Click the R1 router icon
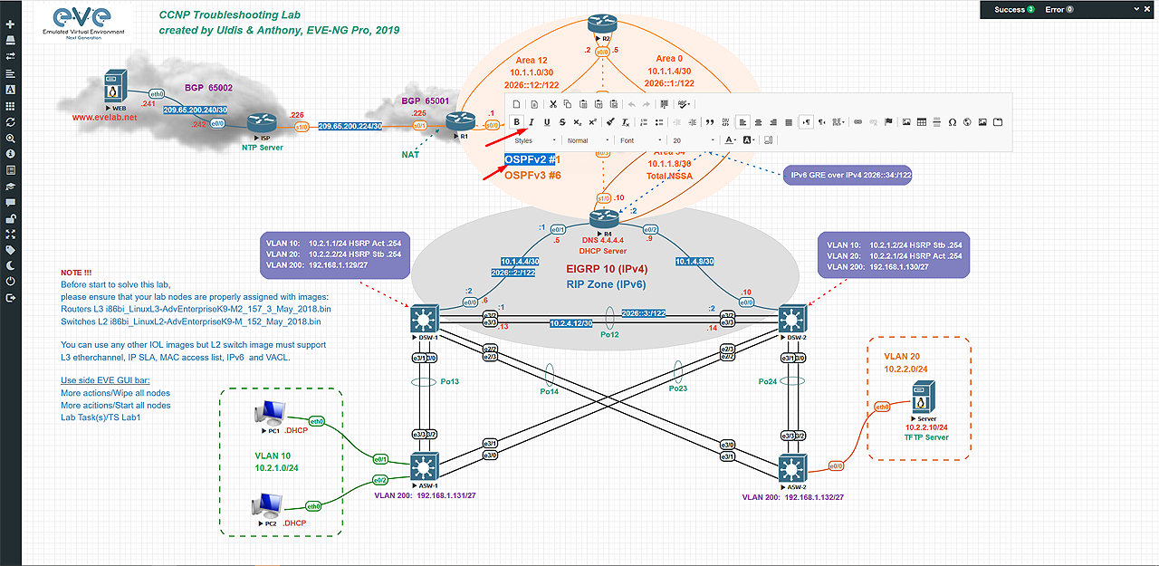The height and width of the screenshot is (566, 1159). (461, 120)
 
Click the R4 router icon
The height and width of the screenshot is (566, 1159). (602, 218)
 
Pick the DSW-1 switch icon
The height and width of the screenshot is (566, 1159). (423, 319)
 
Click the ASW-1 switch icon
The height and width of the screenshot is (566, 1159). (423, 467)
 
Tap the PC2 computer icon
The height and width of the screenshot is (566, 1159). (267, 505)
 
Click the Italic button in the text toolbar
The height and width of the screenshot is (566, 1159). (532, 122)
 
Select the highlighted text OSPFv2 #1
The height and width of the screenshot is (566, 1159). (532, 159)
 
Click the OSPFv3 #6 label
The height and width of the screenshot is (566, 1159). (532, 176)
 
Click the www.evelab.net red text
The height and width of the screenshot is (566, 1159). (105, 117)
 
